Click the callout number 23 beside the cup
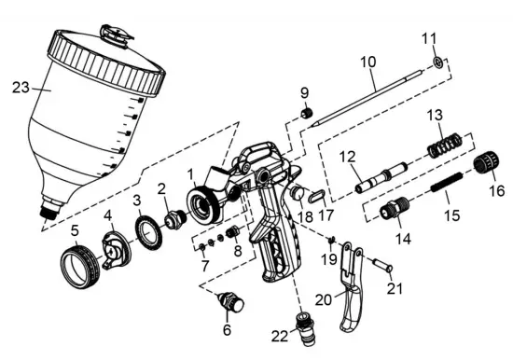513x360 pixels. click(21, 90)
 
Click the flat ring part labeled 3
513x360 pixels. click(146, 228)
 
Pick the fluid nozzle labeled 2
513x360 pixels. click(172, 221)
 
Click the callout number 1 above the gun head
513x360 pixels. click(190, 173)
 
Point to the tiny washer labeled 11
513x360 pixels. click(436, 64)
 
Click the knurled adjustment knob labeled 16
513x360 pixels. click(481, 167)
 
